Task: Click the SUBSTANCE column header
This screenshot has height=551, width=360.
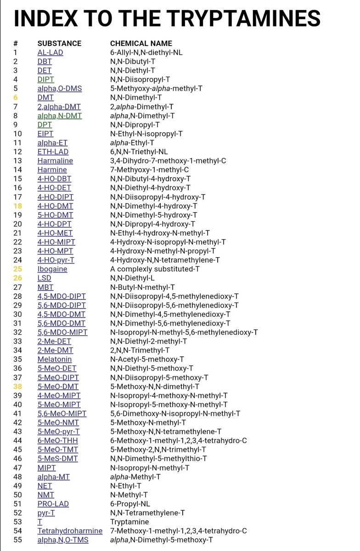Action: [59, 44]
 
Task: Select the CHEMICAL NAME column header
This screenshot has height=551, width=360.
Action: [141, 44]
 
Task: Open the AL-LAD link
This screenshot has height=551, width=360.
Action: [50, 52]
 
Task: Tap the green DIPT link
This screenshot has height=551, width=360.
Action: [45, 79]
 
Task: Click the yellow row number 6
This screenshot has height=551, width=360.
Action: [16, 97]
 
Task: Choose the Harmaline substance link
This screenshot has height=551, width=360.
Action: [55, 161]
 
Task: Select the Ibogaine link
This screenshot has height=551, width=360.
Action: [52, 269]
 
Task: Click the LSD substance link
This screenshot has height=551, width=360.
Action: [44, 278]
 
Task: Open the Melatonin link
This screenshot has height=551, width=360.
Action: [55, 360]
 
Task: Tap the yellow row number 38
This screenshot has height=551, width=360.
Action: [17, 387]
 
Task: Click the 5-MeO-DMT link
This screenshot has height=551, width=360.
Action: [58, 387]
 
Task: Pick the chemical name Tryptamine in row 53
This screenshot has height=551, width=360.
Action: [129, 522]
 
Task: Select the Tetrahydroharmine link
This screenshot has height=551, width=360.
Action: [66, 531]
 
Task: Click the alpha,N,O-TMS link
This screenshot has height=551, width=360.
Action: [63, 540]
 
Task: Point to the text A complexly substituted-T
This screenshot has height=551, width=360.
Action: [155, 269]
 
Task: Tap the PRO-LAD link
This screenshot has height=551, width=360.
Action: [53, 504]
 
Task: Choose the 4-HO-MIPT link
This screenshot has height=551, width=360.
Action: [56, 242]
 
